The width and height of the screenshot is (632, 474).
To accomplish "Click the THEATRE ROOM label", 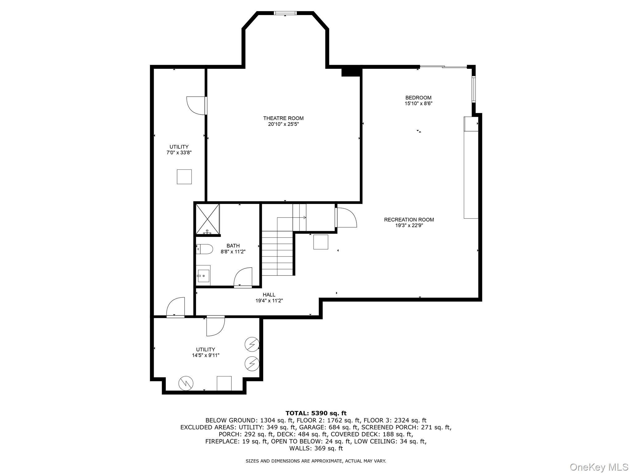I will click(283, 118).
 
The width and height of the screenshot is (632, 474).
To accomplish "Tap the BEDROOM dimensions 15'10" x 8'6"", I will click(418, 104).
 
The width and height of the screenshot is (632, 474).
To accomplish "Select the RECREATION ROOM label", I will click(409, 220).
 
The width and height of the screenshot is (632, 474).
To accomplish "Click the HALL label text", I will click(269, 295).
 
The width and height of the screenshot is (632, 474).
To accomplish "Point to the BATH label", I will click(233, 246).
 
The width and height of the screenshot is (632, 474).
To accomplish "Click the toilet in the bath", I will click(205, 249).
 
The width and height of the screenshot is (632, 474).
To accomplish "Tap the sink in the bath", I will click(203, 276).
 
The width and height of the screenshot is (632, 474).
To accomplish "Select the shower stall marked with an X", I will click(208, 219).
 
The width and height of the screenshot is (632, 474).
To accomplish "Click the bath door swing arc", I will click(243, 277).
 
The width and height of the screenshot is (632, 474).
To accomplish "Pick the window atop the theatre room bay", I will click(285, 13).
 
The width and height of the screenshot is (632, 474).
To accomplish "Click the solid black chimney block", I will click(351, 72).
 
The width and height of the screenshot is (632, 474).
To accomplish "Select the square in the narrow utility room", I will click(184, 177).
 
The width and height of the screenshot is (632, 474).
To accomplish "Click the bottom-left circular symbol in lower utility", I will click(186, 383).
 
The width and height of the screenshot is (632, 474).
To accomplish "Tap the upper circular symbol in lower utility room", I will click(252, 344).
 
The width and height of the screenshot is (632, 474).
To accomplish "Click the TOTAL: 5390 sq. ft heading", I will click(316, 413).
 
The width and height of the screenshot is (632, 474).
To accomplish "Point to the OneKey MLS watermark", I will click(599, 467).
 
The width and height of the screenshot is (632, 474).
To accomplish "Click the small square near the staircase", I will click(321, 242).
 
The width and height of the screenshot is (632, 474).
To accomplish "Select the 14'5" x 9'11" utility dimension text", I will click(206, 355).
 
